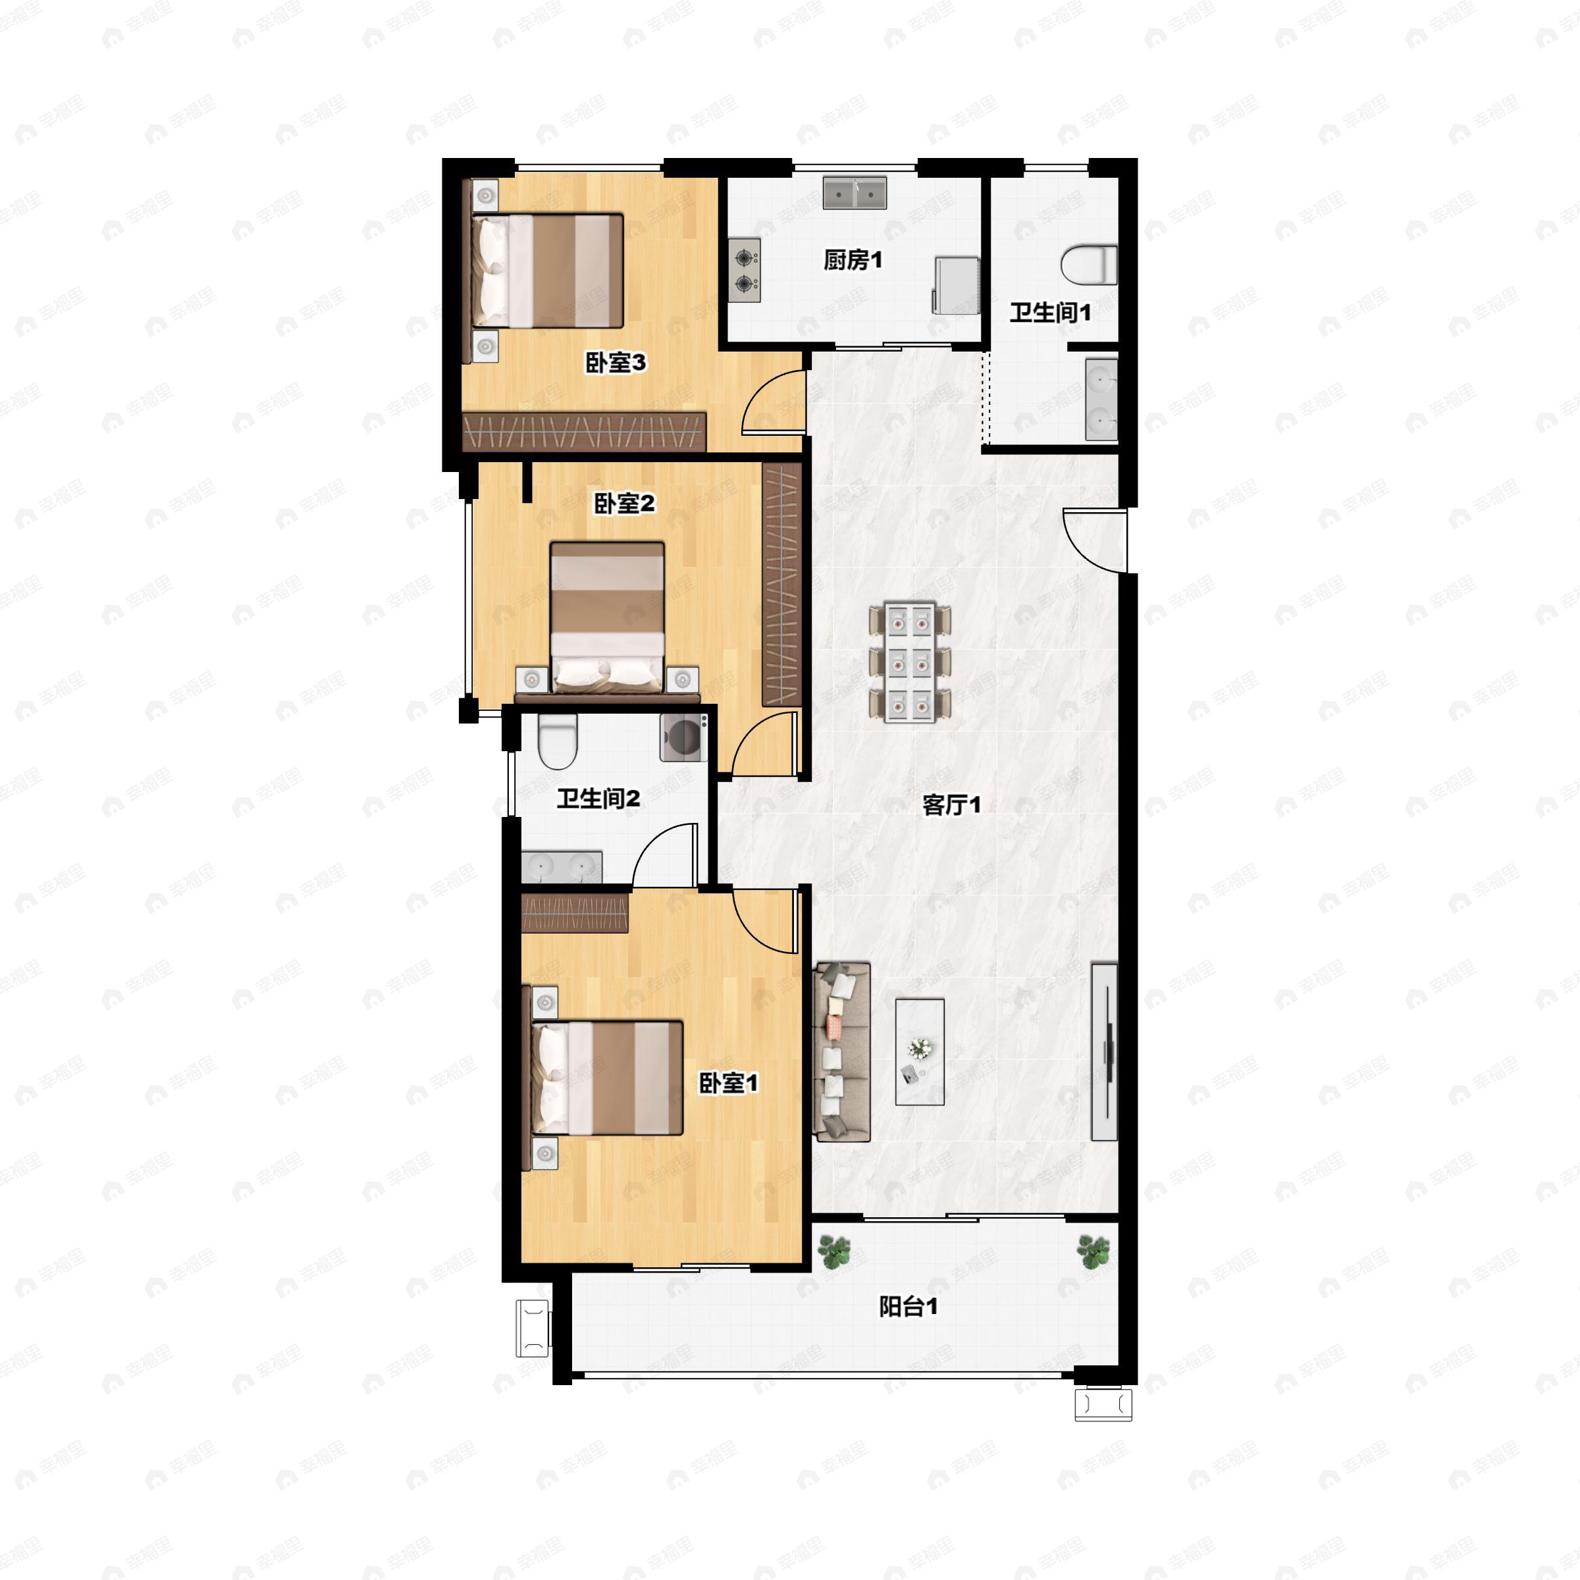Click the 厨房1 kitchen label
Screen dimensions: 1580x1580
pos(852,260)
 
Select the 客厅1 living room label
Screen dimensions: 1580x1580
pos(951,804)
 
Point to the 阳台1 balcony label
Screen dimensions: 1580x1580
pos(908,1306)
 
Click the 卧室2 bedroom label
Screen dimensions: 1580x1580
pos(624,503)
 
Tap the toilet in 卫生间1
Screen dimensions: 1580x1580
pos(1090,265)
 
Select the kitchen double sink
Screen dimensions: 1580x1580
pos(855,193)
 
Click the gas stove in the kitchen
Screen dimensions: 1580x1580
pos(744,271)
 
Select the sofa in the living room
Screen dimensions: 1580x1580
pos(841,1052)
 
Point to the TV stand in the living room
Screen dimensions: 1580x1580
pos(1104,1051)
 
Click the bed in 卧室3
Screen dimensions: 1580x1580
pos(547,271)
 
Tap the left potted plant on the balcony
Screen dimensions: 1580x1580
pos(834,1251)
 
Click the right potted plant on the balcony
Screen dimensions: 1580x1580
pos(1093,1251)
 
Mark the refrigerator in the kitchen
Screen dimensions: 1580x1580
pos(956,284)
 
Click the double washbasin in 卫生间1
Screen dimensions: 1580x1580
pos(1101,400)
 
